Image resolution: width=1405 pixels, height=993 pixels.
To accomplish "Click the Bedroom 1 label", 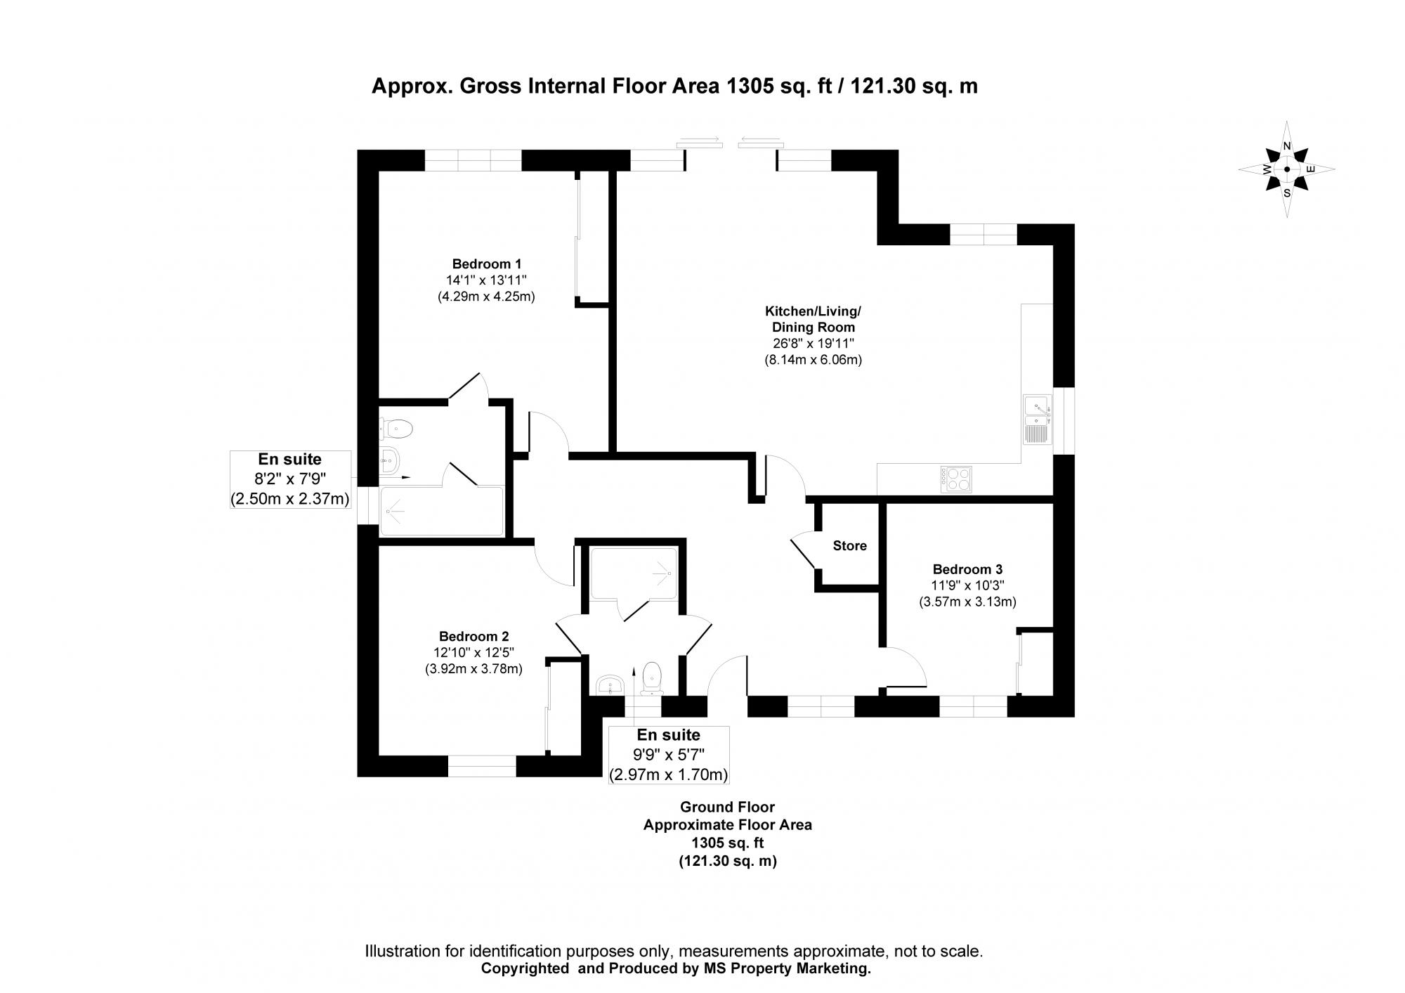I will [x=486, y=264].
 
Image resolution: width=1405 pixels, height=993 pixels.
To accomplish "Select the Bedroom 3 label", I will [x=967, y=569].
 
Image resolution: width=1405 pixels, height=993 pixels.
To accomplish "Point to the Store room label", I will [x=849, y=545].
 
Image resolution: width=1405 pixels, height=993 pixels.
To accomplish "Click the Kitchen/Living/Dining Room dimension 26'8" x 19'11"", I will [x=813, y=344].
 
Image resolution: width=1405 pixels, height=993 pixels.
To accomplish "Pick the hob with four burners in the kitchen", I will [x=957, y=479].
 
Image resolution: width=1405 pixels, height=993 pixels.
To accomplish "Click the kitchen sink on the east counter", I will [x=1037, y=420].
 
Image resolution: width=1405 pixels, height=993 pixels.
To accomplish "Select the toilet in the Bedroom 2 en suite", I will [x=652, y=677].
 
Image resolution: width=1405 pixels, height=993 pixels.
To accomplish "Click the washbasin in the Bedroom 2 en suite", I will [x=608, y=684].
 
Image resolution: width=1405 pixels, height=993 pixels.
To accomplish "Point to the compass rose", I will [x=1286, y=169].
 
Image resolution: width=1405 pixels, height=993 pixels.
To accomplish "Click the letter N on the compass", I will [x=1287, y=146].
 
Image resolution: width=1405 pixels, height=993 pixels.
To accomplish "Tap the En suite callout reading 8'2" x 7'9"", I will [x=290, y=479].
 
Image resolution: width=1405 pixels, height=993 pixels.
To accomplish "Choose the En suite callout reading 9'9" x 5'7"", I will [x=668, y=755].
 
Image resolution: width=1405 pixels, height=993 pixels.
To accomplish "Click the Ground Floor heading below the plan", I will [x=727, y=807].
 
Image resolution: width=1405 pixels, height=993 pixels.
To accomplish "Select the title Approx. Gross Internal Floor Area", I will [x=673, y=86].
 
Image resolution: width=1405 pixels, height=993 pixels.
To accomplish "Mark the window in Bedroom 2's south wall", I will [x=482, y=765].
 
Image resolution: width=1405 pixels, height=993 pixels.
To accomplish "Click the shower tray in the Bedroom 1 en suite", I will [x=441, y=511].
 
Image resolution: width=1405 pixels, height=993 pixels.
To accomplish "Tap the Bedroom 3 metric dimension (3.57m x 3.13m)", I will [x=967, y=602].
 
